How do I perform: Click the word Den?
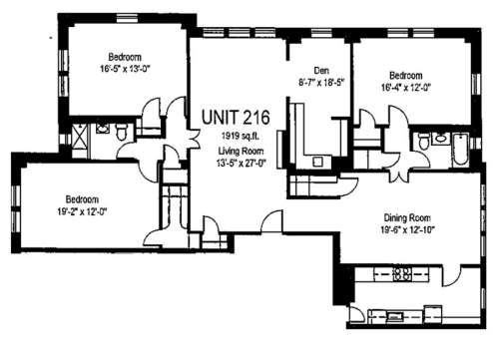320,70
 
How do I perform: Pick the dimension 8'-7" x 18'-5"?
320,82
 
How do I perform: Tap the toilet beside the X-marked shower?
119,131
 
